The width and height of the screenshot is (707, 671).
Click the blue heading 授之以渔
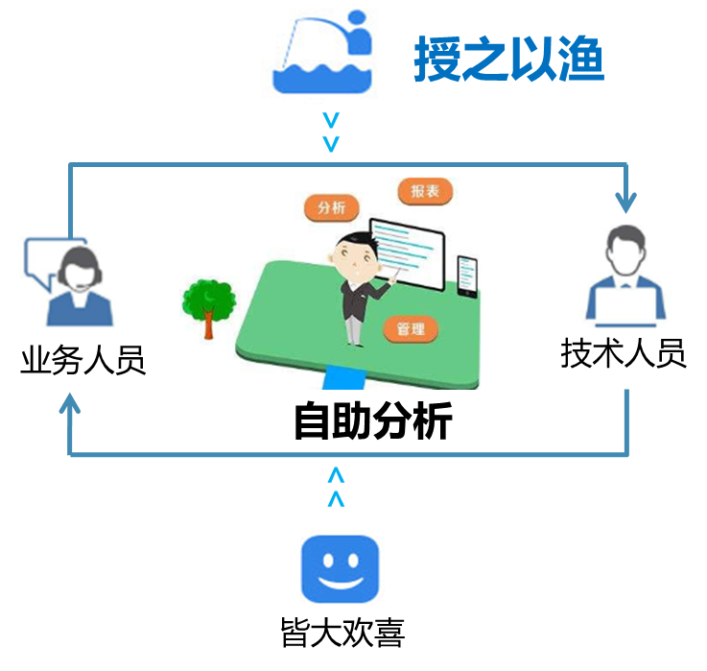(x=508, y=60)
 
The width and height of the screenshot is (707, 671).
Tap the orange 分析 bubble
(x=331, y=206)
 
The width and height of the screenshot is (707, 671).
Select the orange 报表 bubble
(x=425, y=191)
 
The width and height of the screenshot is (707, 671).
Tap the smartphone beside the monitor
(x=467, y=276)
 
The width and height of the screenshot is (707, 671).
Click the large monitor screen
(x=409, y=252)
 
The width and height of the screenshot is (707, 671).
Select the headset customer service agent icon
(x=70, y=281)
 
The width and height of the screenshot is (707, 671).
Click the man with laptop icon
(x=625, y=275)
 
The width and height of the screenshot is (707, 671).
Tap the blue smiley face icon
(x=342, y=567)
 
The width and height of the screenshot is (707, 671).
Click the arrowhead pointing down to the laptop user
(x=625, y=204)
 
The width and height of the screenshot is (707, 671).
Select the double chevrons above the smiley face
(x=336, y=487)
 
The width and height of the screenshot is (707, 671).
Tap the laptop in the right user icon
(x=625, y=304)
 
